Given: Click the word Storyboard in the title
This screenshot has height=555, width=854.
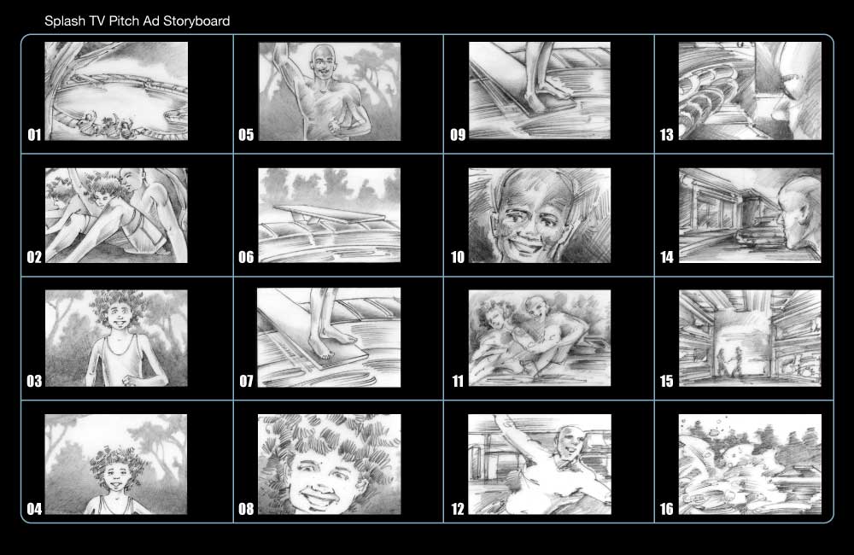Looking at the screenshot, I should [x=197, y=20].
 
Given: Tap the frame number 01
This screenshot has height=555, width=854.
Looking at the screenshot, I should [x=34, y=134].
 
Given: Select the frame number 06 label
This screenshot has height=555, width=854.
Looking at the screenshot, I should [x=246, y=257].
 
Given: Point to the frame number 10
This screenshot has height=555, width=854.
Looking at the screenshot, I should [x=458, y=257].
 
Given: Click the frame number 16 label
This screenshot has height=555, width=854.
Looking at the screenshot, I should [x=667, y=510].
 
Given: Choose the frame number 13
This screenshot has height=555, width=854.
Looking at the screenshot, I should [x=667, y=134].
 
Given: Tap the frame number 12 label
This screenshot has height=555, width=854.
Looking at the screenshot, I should [x=458, y=510].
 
